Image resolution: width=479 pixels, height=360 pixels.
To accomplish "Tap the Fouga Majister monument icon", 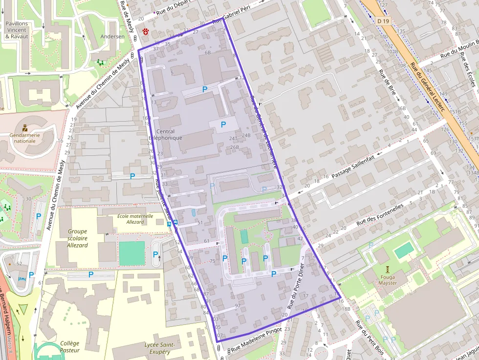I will (388, 269).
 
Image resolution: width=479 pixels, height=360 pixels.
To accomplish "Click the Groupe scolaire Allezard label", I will (77, 238).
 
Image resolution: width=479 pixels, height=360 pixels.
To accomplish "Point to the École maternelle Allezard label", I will (135, 218).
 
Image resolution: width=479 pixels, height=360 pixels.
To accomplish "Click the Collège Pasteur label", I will (69, 346).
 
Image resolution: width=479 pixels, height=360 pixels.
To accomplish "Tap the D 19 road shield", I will (383, 21).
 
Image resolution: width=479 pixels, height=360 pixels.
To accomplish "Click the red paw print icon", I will (146, 31).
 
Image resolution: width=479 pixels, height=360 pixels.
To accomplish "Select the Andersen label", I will (109, 37).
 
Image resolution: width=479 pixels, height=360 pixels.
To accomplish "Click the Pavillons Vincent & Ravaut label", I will (17, 29).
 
